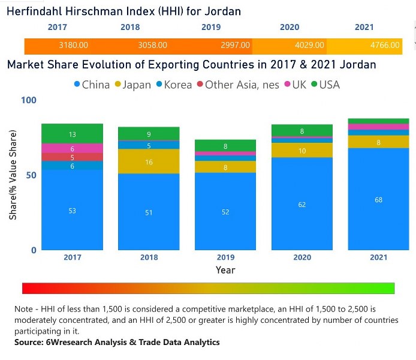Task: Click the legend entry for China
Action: tap(91, 85)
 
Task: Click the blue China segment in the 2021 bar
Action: tap(378, 199)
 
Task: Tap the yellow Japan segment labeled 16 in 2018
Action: tap(149, 162)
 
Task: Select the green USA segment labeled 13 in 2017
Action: tap(72, 134)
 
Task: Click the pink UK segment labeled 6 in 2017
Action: tap(72, 148)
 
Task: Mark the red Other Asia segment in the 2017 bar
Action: tap(72, 157)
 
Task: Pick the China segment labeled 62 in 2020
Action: tap(302, 204)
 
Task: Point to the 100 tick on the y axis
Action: tap(28, 100)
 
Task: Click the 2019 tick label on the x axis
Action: tap(225, 257)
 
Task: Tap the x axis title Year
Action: tap(225, 270)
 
